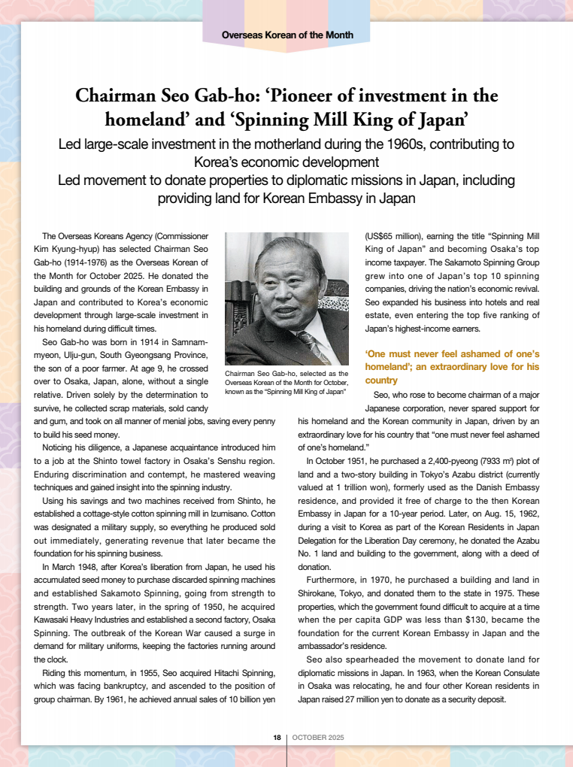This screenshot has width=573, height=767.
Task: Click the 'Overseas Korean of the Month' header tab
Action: coord(287,35)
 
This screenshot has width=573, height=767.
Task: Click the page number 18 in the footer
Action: coord(277,738)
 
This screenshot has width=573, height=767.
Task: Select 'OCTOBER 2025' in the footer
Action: coord(318,738)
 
